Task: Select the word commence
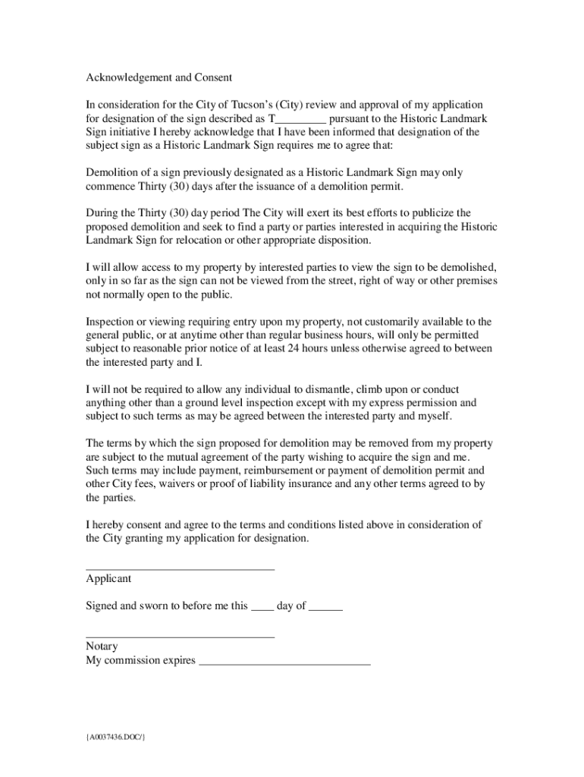click(112, 186)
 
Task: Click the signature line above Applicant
click(180, 568)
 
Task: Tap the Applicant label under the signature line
click(108, 579)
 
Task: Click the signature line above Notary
click(180, 637)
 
